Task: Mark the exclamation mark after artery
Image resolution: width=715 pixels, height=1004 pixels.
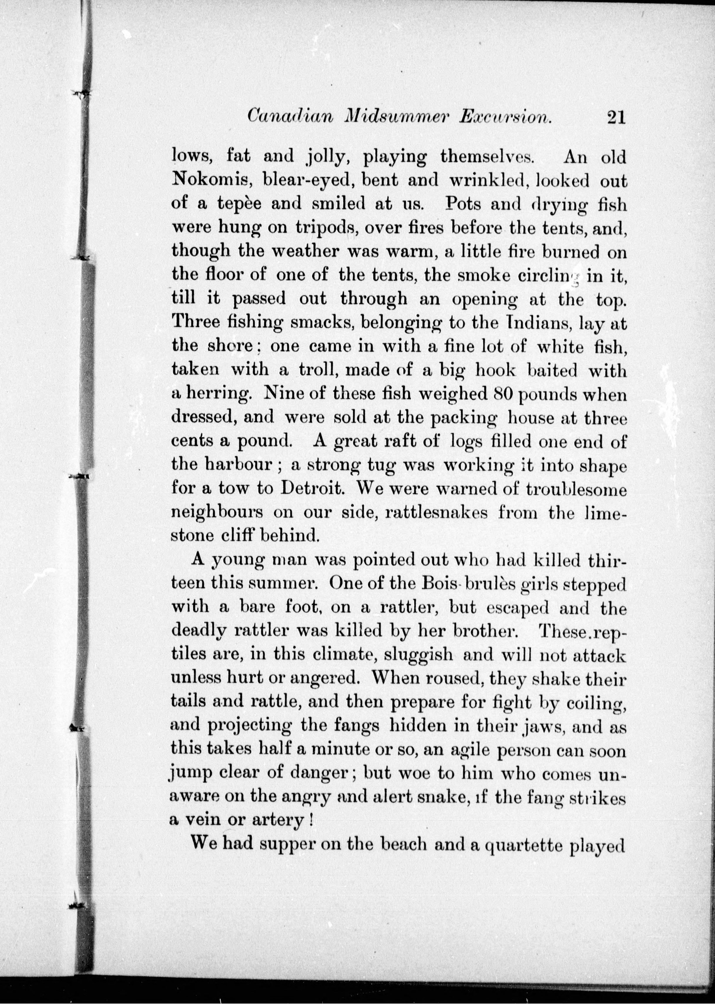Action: (312, 821)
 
